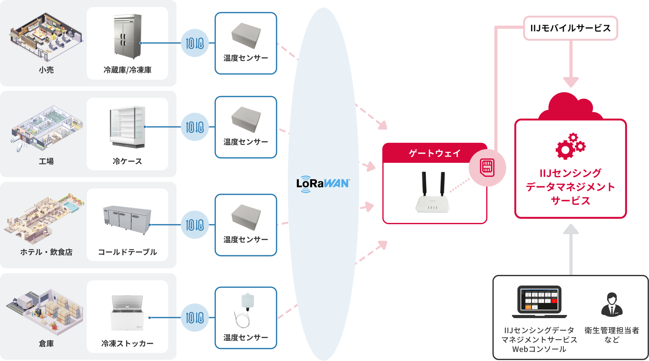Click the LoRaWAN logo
coord(323,184)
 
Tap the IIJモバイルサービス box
coord(570,28)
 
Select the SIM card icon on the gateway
coord(487,168)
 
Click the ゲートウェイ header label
coord(435,153)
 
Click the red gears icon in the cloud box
coord(570,146)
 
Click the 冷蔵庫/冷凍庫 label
coord(127,70)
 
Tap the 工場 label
coord(46,161)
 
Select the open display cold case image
coord(127,127)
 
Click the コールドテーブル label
coord(127,252)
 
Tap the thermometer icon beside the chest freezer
coord(195,317)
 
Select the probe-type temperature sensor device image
coord(246,308)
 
